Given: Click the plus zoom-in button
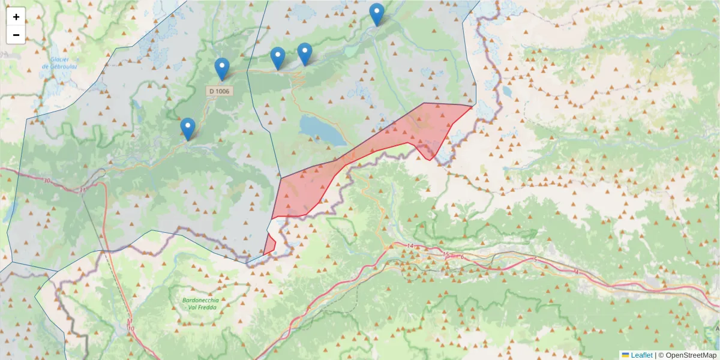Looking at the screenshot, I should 16,17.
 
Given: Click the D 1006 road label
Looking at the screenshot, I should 219,91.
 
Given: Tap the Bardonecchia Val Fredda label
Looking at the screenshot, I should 202,304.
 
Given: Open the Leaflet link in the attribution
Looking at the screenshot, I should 641,355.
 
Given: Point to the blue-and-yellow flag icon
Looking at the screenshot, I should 625,355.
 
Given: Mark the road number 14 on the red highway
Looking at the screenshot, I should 410,247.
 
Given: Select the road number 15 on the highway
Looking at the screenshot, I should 446,256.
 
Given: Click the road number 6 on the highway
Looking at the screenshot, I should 462,257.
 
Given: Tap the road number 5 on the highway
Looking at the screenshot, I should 534,259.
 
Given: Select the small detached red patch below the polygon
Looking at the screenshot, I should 269,244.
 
